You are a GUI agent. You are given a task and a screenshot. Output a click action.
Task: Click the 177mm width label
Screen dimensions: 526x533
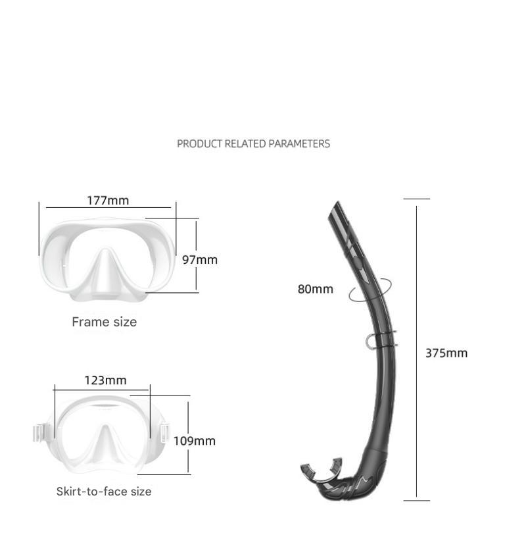[108, 201]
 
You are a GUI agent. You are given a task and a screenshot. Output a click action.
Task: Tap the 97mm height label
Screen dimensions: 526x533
[200, 260]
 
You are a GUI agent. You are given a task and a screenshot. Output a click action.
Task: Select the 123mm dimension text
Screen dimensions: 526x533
[105, 380]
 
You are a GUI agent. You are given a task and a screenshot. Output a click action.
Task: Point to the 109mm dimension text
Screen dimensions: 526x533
[195, 441]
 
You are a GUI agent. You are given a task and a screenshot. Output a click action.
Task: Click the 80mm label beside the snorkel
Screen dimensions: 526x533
[315, 289]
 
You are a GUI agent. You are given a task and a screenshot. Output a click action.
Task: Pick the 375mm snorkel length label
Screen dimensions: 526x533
[446, 353]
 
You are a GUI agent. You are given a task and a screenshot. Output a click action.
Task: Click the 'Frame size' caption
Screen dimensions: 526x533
[105, 322]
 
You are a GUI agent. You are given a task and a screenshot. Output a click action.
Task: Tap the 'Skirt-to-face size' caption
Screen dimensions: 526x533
[104, 491]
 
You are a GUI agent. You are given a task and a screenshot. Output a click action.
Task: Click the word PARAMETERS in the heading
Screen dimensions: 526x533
[299, 144]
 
